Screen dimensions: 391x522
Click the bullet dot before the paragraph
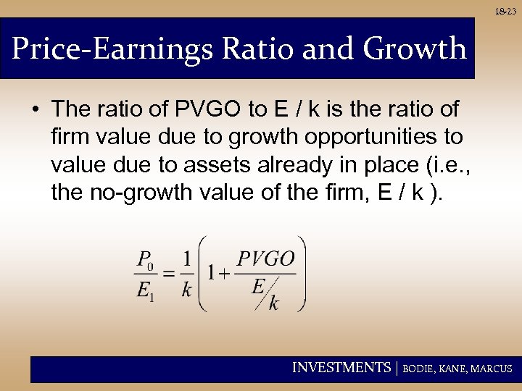pyautogui.click(x=35, y=110)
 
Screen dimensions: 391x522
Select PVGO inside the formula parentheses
pyautogui.click(x=265, y=258)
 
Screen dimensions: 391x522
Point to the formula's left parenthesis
pyautogui.click(x=202, y=274)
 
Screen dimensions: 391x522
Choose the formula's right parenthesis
pyautogui.click(x=302, y=274)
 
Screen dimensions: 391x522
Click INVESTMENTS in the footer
pyautogui.click(x=341, y=368)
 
